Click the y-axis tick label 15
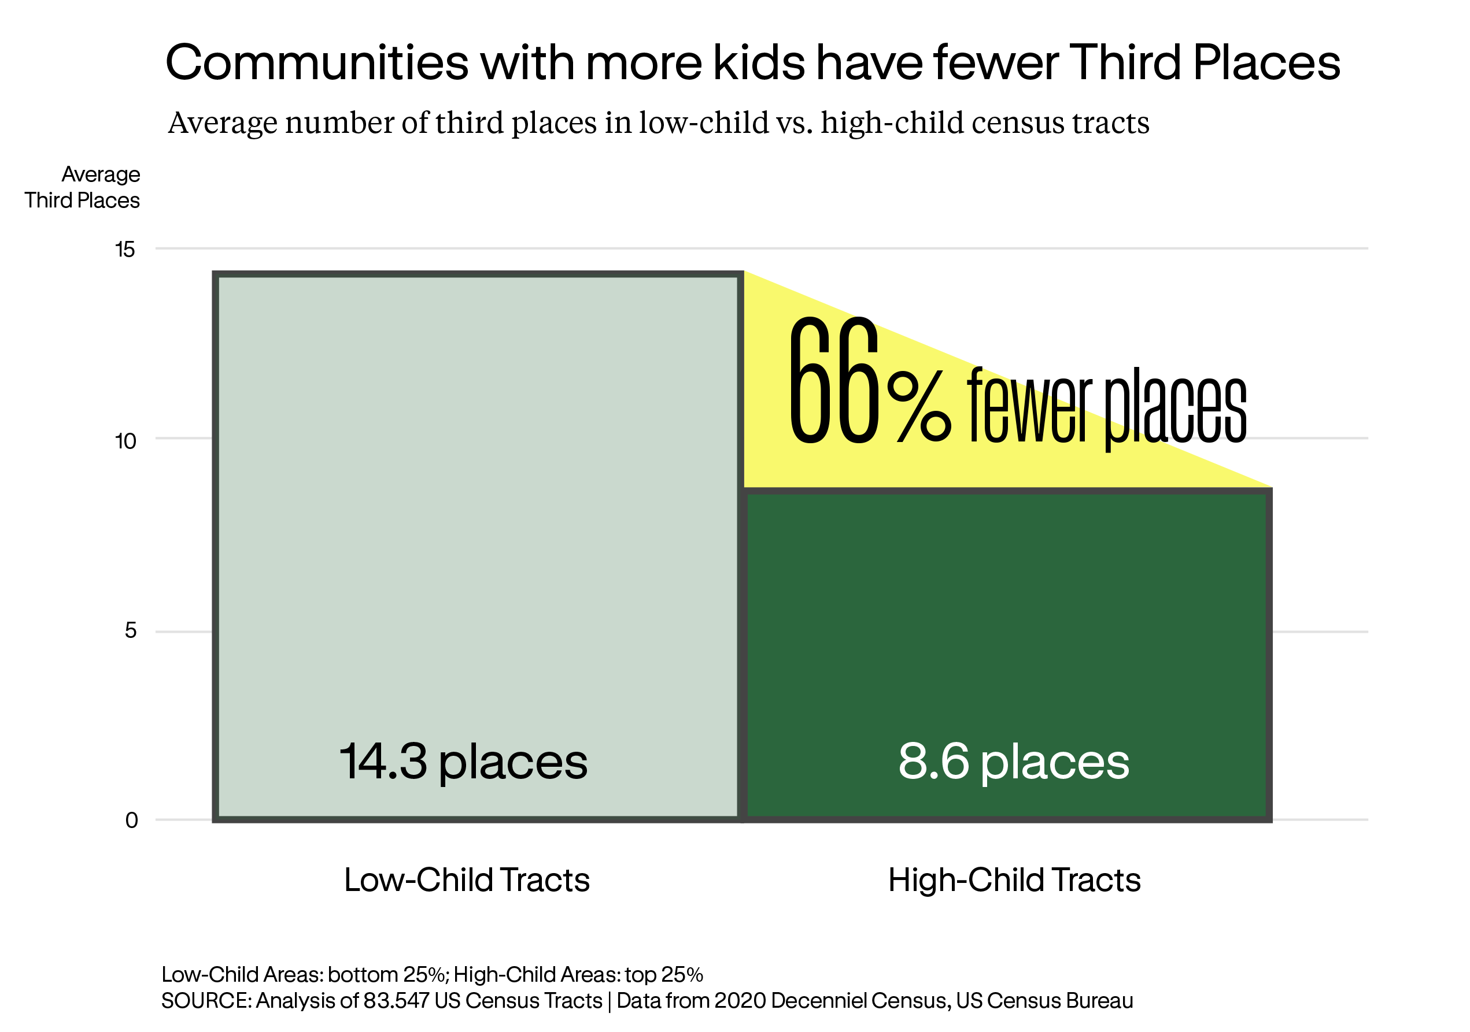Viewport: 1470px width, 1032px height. pos(125,250)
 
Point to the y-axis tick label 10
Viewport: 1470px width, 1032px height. pos(125,441)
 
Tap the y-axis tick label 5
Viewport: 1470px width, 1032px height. pos(131,632)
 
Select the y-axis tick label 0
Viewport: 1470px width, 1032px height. pos(131,820)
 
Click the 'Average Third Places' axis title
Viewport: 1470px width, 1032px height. pos(83,187)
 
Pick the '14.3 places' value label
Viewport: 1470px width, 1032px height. pos(463,762)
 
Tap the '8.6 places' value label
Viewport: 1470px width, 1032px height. pos(1014,762)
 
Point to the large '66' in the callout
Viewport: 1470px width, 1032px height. pos(834,381)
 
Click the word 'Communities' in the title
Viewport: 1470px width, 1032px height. pos(317,63)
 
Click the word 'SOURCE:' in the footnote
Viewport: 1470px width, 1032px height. pos(206,1001)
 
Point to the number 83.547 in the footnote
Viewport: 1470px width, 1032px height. pos(396,1001)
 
